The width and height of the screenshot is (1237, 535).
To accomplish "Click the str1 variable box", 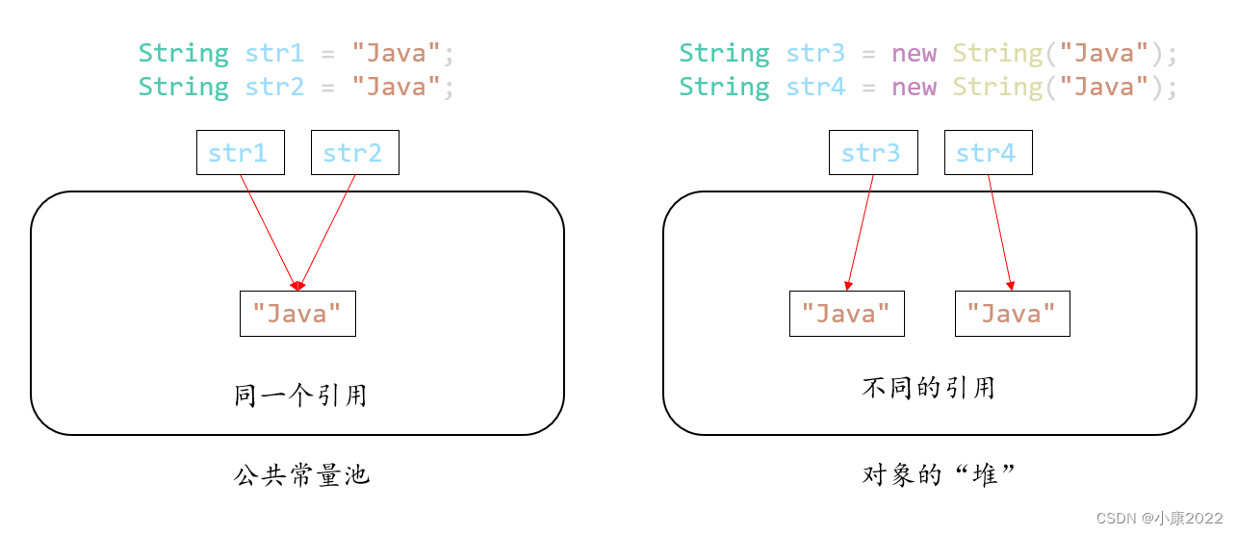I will (x=240, y=153).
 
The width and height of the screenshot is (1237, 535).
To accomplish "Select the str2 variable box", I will (x=354, y=153).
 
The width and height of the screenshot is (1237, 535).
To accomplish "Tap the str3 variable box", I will (x=872, y=153).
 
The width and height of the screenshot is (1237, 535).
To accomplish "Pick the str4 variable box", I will (x=988, y=153).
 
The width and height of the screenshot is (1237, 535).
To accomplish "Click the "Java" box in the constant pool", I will (x=297, y=314).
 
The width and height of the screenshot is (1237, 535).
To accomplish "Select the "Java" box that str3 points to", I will (x=846, y=314).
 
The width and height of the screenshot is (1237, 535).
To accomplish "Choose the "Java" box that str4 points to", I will (x=1012, y=314).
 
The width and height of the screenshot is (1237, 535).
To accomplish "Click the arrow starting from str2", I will (x=327, y=232).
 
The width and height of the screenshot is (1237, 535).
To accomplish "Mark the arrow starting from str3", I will (x=860, y=232).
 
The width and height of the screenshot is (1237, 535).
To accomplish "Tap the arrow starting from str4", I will (x=1000, y=232).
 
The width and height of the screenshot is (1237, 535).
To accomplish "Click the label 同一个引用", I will (x=300, y=395).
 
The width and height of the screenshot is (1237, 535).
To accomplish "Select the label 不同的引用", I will (x=928, y=388).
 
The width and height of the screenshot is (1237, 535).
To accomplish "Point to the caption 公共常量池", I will (x=301, y=474).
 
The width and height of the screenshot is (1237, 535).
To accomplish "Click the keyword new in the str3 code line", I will (x=914, y=53).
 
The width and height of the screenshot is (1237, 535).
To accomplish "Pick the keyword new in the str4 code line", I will (x=914, y=87).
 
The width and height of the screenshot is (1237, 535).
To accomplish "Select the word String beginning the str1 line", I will (x=183, y=53).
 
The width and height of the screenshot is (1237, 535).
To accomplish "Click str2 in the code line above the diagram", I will (x=274, y=87).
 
